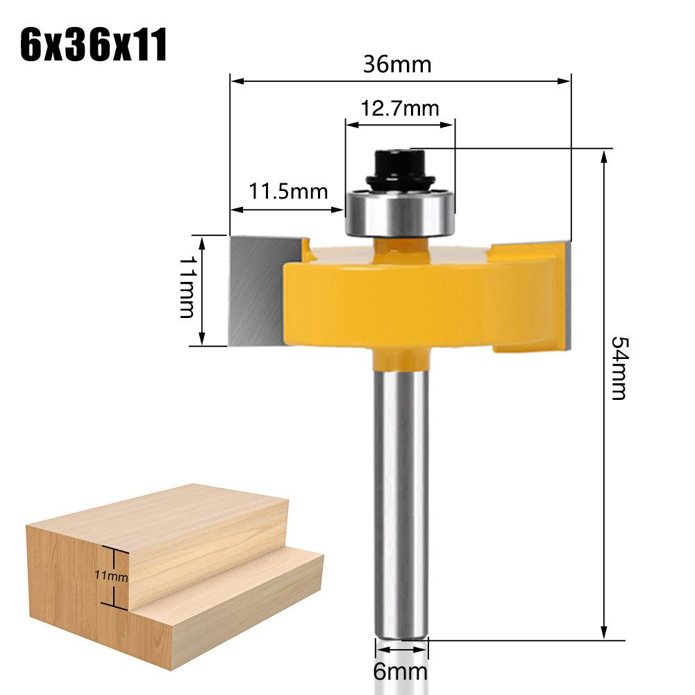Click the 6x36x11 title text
(x=93, y=45)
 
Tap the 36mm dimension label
(x=397, y=65)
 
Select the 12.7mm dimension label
(x=400, y=108)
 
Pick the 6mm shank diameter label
(x=401, y=672)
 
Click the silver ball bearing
(x=400, y=212)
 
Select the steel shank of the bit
(x=400, y=500)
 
